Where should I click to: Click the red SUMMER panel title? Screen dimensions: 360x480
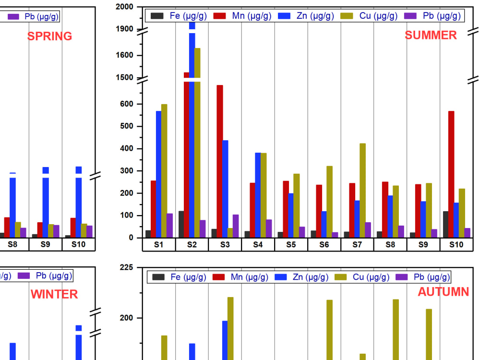pyautogui.click(x=431, y=35)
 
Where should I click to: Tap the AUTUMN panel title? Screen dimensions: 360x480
pyautogui.click(x=443, y=292)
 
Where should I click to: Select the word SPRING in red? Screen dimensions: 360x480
pyautogui.click(x=49, y=36)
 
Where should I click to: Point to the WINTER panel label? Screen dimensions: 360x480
pyautogui.click(x=54, y=294)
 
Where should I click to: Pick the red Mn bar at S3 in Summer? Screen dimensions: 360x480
pyautogui.click(x=220, y=161)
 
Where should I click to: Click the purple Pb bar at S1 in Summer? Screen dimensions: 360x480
pyautogui.click(x=169, y=226)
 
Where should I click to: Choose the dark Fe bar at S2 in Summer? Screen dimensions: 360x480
pyautogui.click(x=181, y=224)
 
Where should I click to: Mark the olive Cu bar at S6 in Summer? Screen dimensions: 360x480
pyautogui.click(x=329, y=202)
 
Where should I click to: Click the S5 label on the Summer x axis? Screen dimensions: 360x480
pyautogui.click(x=291, y=244)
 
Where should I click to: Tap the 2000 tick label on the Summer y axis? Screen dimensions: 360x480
pyautogui.click(x=124, y=7)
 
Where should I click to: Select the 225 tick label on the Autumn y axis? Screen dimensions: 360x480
pyautogui.click(x=126, y=267)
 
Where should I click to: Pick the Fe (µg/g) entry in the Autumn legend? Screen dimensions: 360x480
pyautogui.click(x=180, y=277)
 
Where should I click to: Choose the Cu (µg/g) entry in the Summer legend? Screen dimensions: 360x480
pyautogui.click(x=369, y=16)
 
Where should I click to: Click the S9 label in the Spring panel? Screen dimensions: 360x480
pyautogui.click(x=46, y=244)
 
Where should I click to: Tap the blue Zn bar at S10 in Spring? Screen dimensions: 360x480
pyautogui.click(x=79, y=202)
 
